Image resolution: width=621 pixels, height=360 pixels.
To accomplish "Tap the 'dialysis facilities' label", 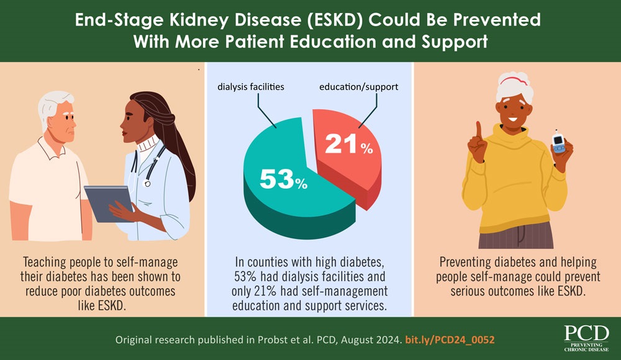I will tap(251, 87).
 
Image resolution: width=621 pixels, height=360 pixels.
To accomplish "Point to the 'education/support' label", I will tap(358, 87).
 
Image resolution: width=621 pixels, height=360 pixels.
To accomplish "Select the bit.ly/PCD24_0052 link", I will tap(450, 341).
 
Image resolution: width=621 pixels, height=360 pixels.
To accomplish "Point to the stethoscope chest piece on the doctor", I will tap(148, 183).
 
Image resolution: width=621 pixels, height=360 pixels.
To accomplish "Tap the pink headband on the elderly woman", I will tap(515, 80).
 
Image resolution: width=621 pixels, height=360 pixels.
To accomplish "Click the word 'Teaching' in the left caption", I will tap(47, 261).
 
